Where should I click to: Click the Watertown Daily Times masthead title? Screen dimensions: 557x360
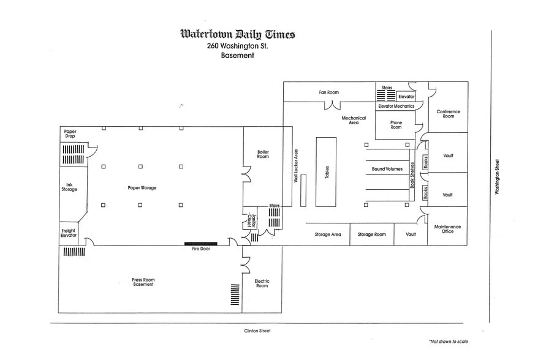point(238,34)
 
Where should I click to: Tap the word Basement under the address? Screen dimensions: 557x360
point(237,55)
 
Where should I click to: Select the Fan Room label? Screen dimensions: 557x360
point(328,92)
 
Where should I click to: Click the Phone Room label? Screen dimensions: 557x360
point(396,125)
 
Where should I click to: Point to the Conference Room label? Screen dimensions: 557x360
point(449,114)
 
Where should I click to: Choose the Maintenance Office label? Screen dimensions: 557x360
point(447,229)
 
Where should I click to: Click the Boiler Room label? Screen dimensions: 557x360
point(263,154)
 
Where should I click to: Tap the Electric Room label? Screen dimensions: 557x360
point(262,283)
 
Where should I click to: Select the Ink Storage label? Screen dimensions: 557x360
point(69,187)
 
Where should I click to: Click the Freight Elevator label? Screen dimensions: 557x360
point(69,233)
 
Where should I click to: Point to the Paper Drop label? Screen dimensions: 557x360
point(70,133)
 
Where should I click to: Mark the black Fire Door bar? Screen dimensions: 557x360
point(201,244)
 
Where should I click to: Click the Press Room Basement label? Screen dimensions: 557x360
point(143,282)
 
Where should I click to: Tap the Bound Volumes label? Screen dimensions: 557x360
point(387,169)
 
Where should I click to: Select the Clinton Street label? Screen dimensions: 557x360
point(257,331)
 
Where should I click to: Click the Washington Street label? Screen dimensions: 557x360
point(497,176)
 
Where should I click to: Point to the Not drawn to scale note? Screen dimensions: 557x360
point(449,342)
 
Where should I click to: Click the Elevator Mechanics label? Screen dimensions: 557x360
point(396,106)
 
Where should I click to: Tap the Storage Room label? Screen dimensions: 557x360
point(371,234)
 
